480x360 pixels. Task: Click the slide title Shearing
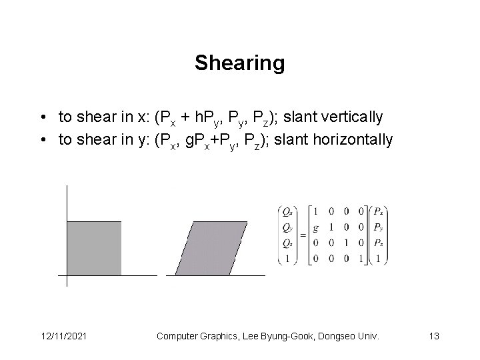coord(239,63)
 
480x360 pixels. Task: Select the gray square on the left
coord(94,248)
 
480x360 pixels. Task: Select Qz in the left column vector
coord(287,243)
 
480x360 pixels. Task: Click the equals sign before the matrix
coord(302,235)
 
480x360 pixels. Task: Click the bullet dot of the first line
coord(42,118)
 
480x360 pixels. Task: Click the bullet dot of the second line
coord(42,141)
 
